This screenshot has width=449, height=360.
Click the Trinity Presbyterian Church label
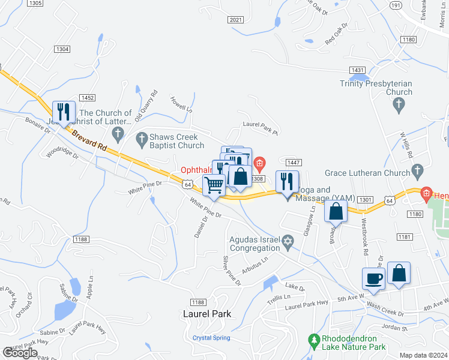pyautogui.click(x=376, y=88)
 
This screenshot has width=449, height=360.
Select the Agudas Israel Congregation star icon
pyautogui.click(x=288, y=242)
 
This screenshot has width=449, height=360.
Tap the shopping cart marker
pyautogui.click(x=214, y=185)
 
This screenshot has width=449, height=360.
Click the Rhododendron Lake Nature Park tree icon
pyautogui.click(x=313, y=341)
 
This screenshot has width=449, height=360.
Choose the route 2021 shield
pyautogui.click(x=236, y=20)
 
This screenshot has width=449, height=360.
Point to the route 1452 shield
pyautogui.click(x=87, y=98)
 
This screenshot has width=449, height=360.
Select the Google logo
pyautogui.click(x=20, y=353)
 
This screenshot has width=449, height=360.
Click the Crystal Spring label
pyautogui.click(x=211, y=338)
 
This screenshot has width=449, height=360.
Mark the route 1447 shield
pyautogui.click(x=294, y=163)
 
